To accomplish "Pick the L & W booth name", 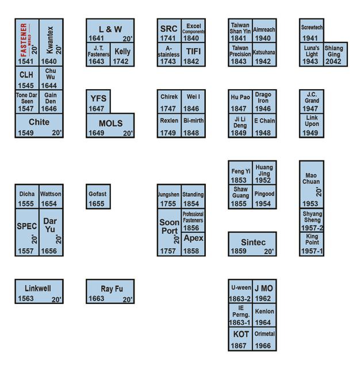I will pos(110,29).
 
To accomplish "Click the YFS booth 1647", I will pos(98,102).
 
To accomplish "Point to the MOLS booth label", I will pos(110,124).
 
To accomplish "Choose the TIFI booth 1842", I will pos(193,55).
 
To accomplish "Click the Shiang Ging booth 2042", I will pos(335,55).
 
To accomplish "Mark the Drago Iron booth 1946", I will pos(263,102).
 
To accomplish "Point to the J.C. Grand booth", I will pos(312,97).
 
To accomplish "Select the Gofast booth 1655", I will pos(98,197).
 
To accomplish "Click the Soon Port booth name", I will pos(168,226).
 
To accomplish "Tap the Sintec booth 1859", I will pos(252,244).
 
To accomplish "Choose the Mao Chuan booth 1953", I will pos(312,184).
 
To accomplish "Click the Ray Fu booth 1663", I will pos(110,291).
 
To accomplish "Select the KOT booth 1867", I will pos(240,339).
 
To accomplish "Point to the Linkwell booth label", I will pos(39,287).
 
